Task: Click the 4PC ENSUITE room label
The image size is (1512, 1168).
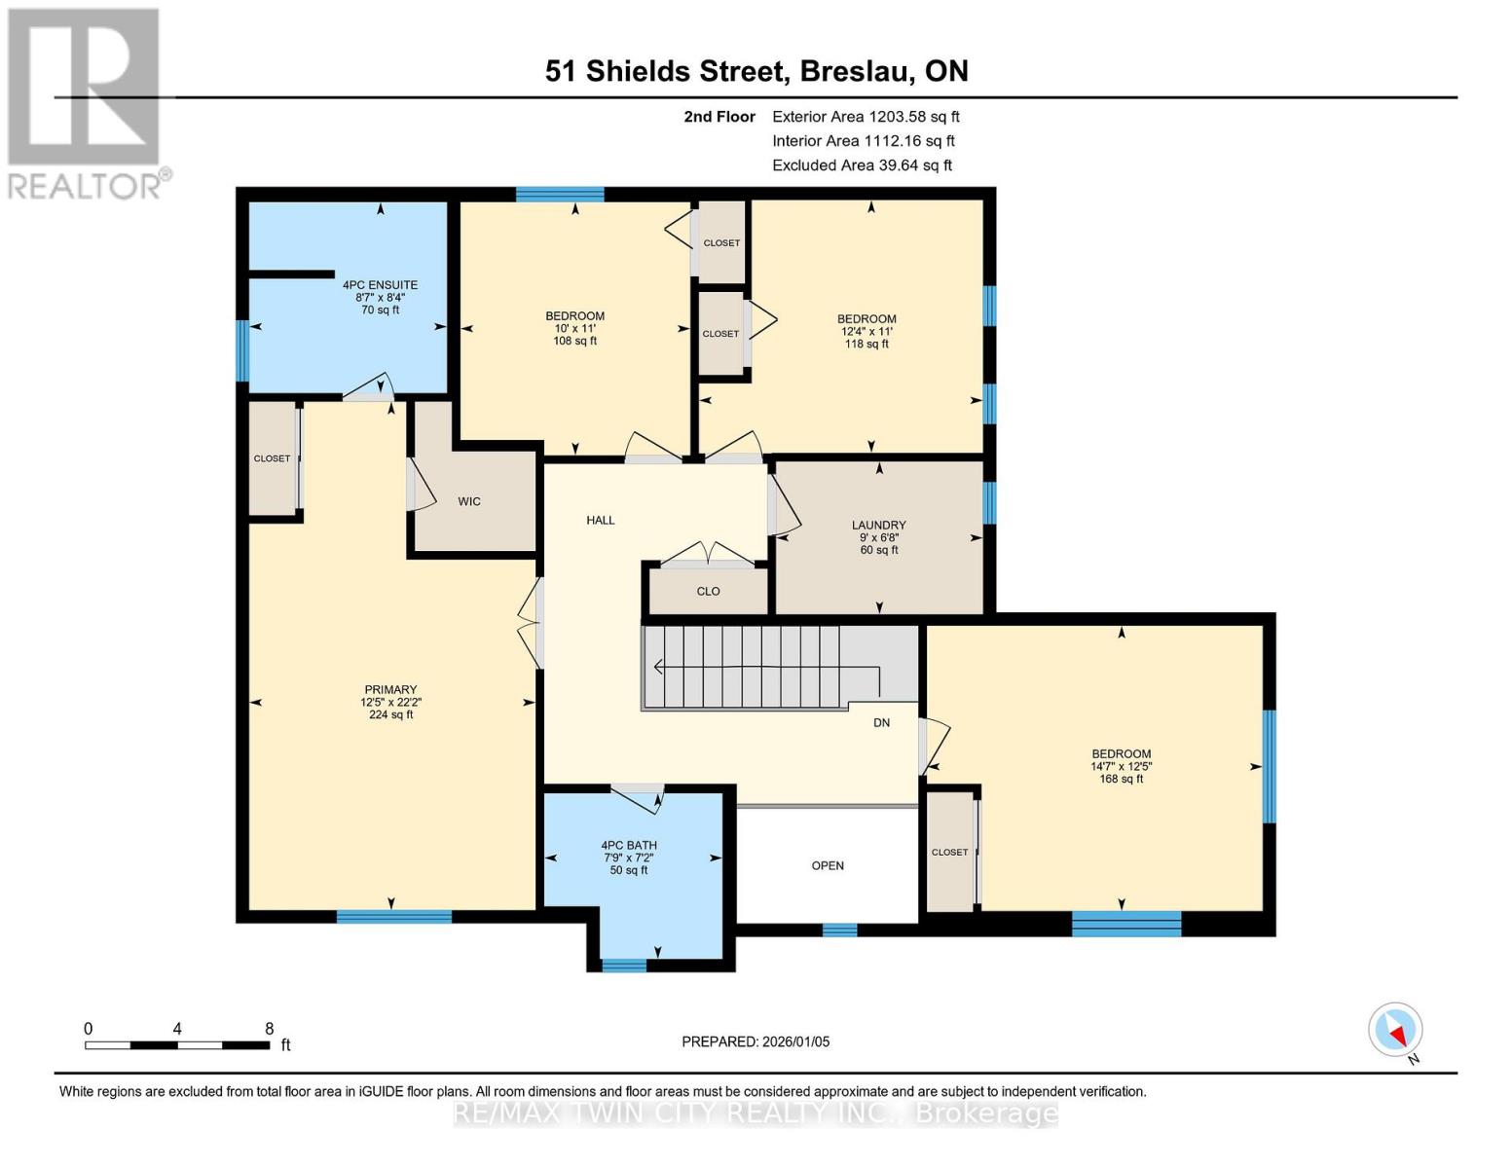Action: [380, 285]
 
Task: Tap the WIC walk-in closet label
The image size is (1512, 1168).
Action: [469, 501]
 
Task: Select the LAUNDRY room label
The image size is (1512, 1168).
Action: [878, 525]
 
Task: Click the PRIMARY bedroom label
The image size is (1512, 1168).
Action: [390, 689]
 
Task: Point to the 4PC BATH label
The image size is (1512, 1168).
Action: [629, 845]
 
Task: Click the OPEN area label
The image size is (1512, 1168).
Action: [828, 865]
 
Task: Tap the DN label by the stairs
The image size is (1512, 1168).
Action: [881, 722]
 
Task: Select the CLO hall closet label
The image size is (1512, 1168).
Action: [708, 591]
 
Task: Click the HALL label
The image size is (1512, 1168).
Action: [601, 520]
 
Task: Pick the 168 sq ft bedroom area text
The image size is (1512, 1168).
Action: [1121, 779]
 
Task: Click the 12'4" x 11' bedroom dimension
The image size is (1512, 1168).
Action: [867, 331]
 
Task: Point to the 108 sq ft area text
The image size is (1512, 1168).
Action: [574, 341]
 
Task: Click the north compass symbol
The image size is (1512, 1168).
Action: [1396, 1030]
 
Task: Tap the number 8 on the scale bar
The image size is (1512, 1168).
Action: [270, 1029]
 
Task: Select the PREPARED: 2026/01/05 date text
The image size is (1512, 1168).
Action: [756, 1041]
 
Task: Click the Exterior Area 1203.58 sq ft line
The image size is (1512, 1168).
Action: [866, 117]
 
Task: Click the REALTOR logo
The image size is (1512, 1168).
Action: [86, 102]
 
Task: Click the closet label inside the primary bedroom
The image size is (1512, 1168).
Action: [272, 458]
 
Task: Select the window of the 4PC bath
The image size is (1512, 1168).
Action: [624, 966]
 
